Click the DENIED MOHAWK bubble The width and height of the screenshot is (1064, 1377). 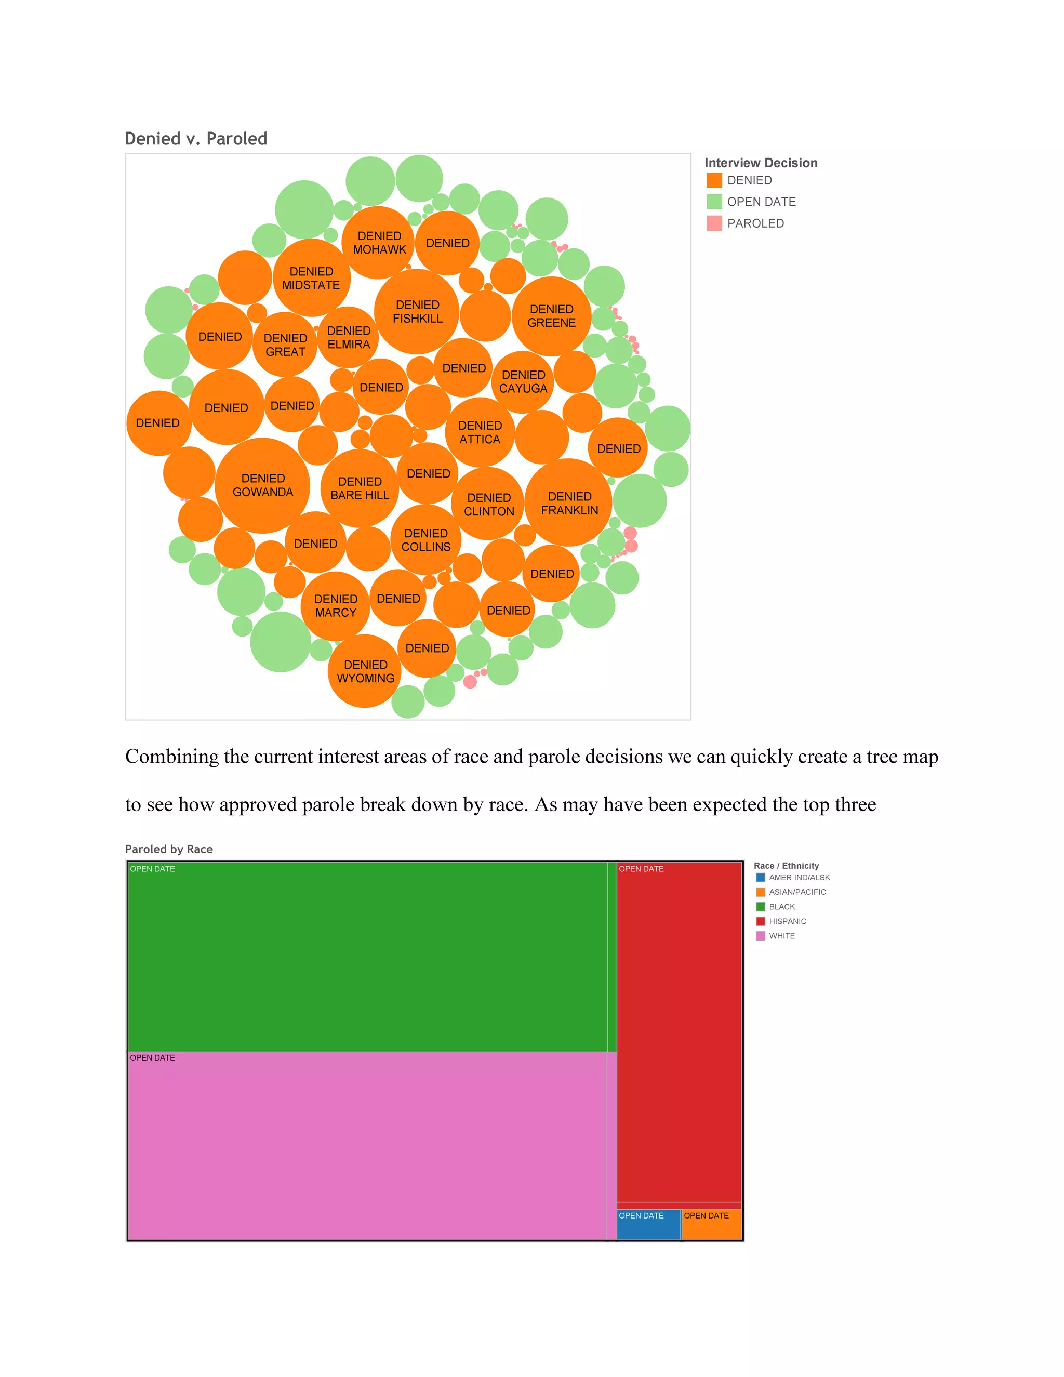pyautogui.click(x=379, y=243)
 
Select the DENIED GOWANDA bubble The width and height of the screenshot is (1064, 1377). pyautogui.click(x=263, y=485)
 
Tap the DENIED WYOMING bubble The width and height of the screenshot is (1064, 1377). pyautogui.click(x=365, y=671)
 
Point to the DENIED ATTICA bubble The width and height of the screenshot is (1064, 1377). pyautogui.click(x=480, y=432)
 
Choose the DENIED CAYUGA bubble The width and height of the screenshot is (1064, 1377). pyautogui.click(x=523, y=382)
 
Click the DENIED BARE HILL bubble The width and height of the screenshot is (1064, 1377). pyautogui.click(x=360, y=488)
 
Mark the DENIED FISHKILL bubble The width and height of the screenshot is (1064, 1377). pyautogui.click(x=417, y=311)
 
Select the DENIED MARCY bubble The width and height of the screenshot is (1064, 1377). pyautogui.click(x=335, y=606)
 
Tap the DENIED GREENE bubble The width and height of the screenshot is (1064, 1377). pyautogui.click(x=552, y=316)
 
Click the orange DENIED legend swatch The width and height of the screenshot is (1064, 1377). pyautogui.click(x=714, y=180)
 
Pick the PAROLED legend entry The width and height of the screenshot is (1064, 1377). pyautogui.click(x=755, y=223)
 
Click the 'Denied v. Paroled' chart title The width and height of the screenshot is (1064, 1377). pyautogui.click(x=196, y=139)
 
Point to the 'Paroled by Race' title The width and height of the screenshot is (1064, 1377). pyautogui.click(x=169, y=849)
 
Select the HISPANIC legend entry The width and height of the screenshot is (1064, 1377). pyautogui.click(x=787, y=921)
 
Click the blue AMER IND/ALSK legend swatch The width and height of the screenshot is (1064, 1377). pyautogui.click(x=760, y=878)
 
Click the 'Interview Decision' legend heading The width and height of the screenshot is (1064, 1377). pyautogui.click(x=761, y=163)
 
